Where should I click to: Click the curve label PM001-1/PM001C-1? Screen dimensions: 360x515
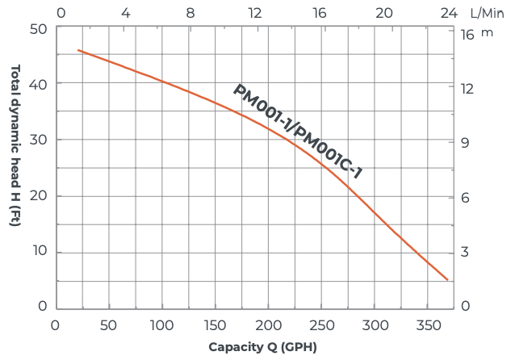click(x=298, y=132)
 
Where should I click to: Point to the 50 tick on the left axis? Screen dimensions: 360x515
click(x=40, y=28)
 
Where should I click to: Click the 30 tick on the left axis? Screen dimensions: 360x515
click(x=40, y=140)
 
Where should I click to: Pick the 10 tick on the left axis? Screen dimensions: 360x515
click(x=40, y=252)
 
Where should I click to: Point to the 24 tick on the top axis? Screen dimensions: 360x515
click(x=450, y=13)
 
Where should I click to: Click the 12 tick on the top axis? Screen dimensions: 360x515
click(x=255, y=13)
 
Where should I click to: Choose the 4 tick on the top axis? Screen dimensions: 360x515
click(x=125, y=13)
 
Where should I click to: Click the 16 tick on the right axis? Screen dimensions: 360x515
click(x=467, y=35)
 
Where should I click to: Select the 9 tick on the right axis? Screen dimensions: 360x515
click(x=465, y=143)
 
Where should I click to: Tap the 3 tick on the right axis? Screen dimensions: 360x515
click(x=465, y=253)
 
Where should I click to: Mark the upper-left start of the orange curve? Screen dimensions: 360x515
click(x=78, y=50)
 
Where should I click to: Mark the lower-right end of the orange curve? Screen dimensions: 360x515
click(x=447, y=279)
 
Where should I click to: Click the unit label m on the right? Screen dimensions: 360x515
click(x=487, y=33)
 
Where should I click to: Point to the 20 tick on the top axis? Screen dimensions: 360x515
click(x=384, y=13)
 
